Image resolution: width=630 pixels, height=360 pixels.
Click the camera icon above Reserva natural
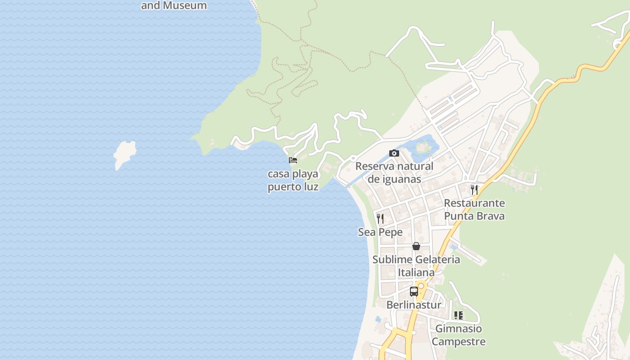point(394,153)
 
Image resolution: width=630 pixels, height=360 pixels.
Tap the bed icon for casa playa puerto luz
point(293,160)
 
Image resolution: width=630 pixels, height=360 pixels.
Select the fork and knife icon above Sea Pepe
point(380,219)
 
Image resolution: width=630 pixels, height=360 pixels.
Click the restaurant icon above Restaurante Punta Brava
point(474,189)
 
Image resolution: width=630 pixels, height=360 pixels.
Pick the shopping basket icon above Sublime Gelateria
point(416,246)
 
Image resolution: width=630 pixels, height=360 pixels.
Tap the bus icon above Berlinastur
point(414,291)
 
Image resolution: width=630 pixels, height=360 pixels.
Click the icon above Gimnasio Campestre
point(459,315)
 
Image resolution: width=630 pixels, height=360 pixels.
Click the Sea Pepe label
point(380,232)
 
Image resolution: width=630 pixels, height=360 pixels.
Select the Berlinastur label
point(414,305)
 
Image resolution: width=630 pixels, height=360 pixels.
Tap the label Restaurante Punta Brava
point(474,210)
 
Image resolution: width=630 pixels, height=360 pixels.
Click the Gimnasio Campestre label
point(459,335)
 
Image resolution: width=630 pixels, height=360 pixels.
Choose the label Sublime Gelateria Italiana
point(416,266)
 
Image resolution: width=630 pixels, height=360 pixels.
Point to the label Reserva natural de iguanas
point(394,172)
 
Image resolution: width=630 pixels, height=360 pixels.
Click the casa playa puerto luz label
point(293,180)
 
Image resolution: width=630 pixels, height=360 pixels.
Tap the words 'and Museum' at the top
point(174,5)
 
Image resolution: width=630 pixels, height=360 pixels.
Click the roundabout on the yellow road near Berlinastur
point(421,285)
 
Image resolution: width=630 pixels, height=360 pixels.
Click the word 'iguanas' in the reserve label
point(394,179)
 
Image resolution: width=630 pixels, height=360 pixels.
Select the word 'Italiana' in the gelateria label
point(416,272)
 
